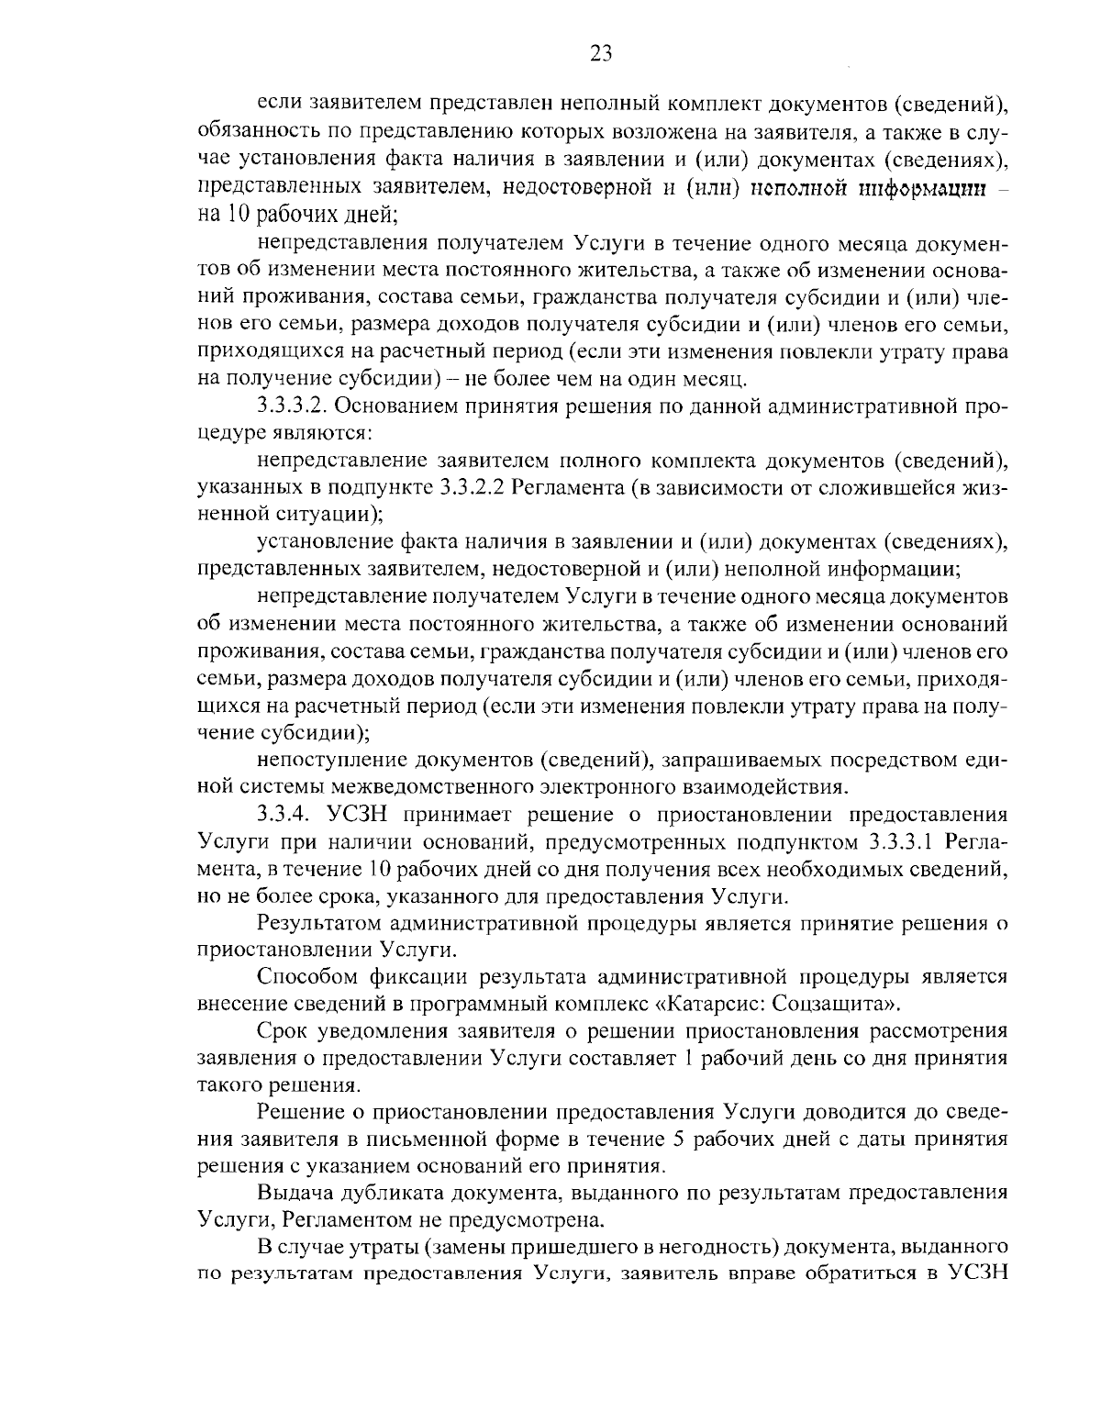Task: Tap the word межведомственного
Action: pos(417,786)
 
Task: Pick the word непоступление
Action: pos(331,760)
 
